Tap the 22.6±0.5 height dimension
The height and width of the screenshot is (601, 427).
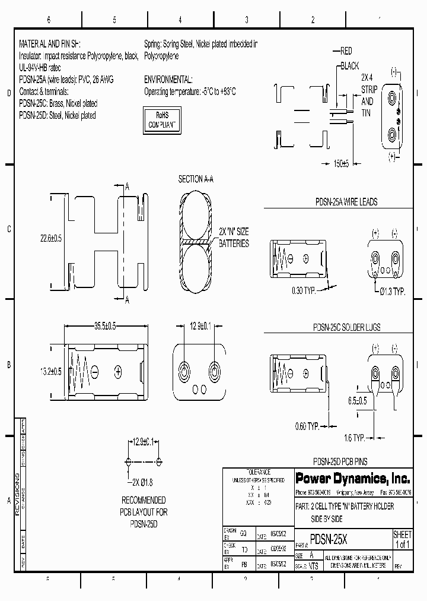point(52,238)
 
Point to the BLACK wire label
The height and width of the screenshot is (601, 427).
point(350,66)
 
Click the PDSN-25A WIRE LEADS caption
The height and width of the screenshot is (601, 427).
point(346,202)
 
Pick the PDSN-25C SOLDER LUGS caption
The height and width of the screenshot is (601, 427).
point(346,327)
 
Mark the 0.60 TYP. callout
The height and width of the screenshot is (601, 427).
point(307,426)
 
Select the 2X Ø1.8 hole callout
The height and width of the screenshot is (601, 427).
point(142,482)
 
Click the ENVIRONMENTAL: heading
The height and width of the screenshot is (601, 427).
point(168,80)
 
